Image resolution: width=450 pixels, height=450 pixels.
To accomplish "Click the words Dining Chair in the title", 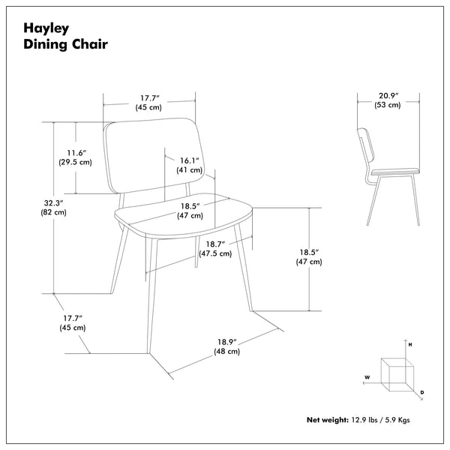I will coord(66,44).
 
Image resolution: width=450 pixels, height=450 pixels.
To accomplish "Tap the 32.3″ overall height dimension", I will coord(53,202).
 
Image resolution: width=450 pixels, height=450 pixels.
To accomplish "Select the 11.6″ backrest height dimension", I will coord(75,152).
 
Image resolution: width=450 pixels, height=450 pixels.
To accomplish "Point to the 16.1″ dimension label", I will coord(188,160).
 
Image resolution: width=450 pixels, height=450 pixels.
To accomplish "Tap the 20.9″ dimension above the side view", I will coord(388,96).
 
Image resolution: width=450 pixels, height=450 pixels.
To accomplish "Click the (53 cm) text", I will coord(388,106).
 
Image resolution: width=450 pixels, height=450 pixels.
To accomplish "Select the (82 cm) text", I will coord(53,213).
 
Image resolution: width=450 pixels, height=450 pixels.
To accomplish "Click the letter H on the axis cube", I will coord(410,343).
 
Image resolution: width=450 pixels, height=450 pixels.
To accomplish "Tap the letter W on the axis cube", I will coord(367,376).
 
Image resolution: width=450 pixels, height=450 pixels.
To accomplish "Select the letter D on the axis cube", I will coord(422,392).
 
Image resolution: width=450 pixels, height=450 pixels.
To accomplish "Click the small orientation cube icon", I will coord(395,373).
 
